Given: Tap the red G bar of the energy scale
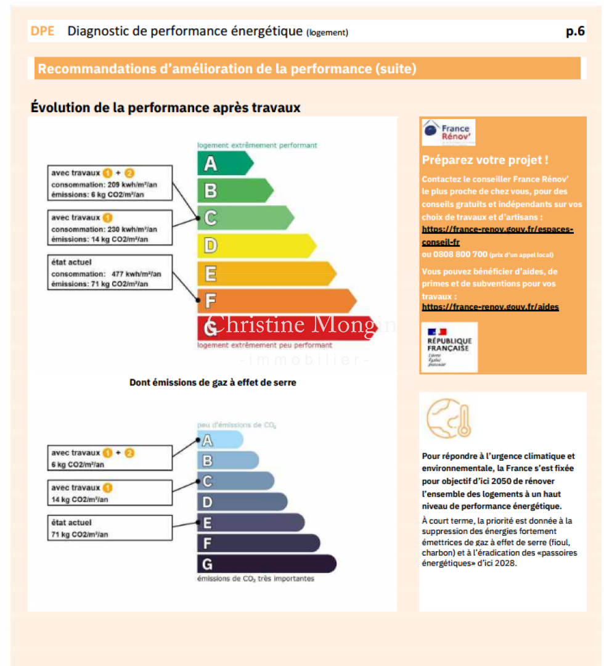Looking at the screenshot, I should point(284,327).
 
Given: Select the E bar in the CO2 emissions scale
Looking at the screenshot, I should point(250,523).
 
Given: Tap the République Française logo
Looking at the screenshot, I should point(449,347).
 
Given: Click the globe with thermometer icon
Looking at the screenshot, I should point(449,418).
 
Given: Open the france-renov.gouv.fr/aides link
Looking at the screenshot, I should point(490,306).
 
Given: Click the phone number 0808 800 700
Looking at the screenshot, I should point(455,254).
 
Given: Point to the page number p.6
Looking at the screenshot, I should point(575,31).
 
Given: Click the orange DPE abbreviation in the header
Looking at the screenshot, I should point(42,31).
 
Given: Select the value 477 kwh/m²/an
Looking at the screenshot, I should point(136,273).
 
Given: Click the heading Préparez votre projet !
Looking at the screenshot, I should point(485,160).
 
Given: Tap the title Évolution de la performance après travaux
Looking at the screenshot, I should point(166,107).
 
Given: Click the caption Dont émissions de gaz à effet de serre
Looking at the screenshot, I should point(213,382).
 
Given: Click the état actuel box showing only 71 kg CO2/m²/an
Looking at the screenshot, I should point(110,528).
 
